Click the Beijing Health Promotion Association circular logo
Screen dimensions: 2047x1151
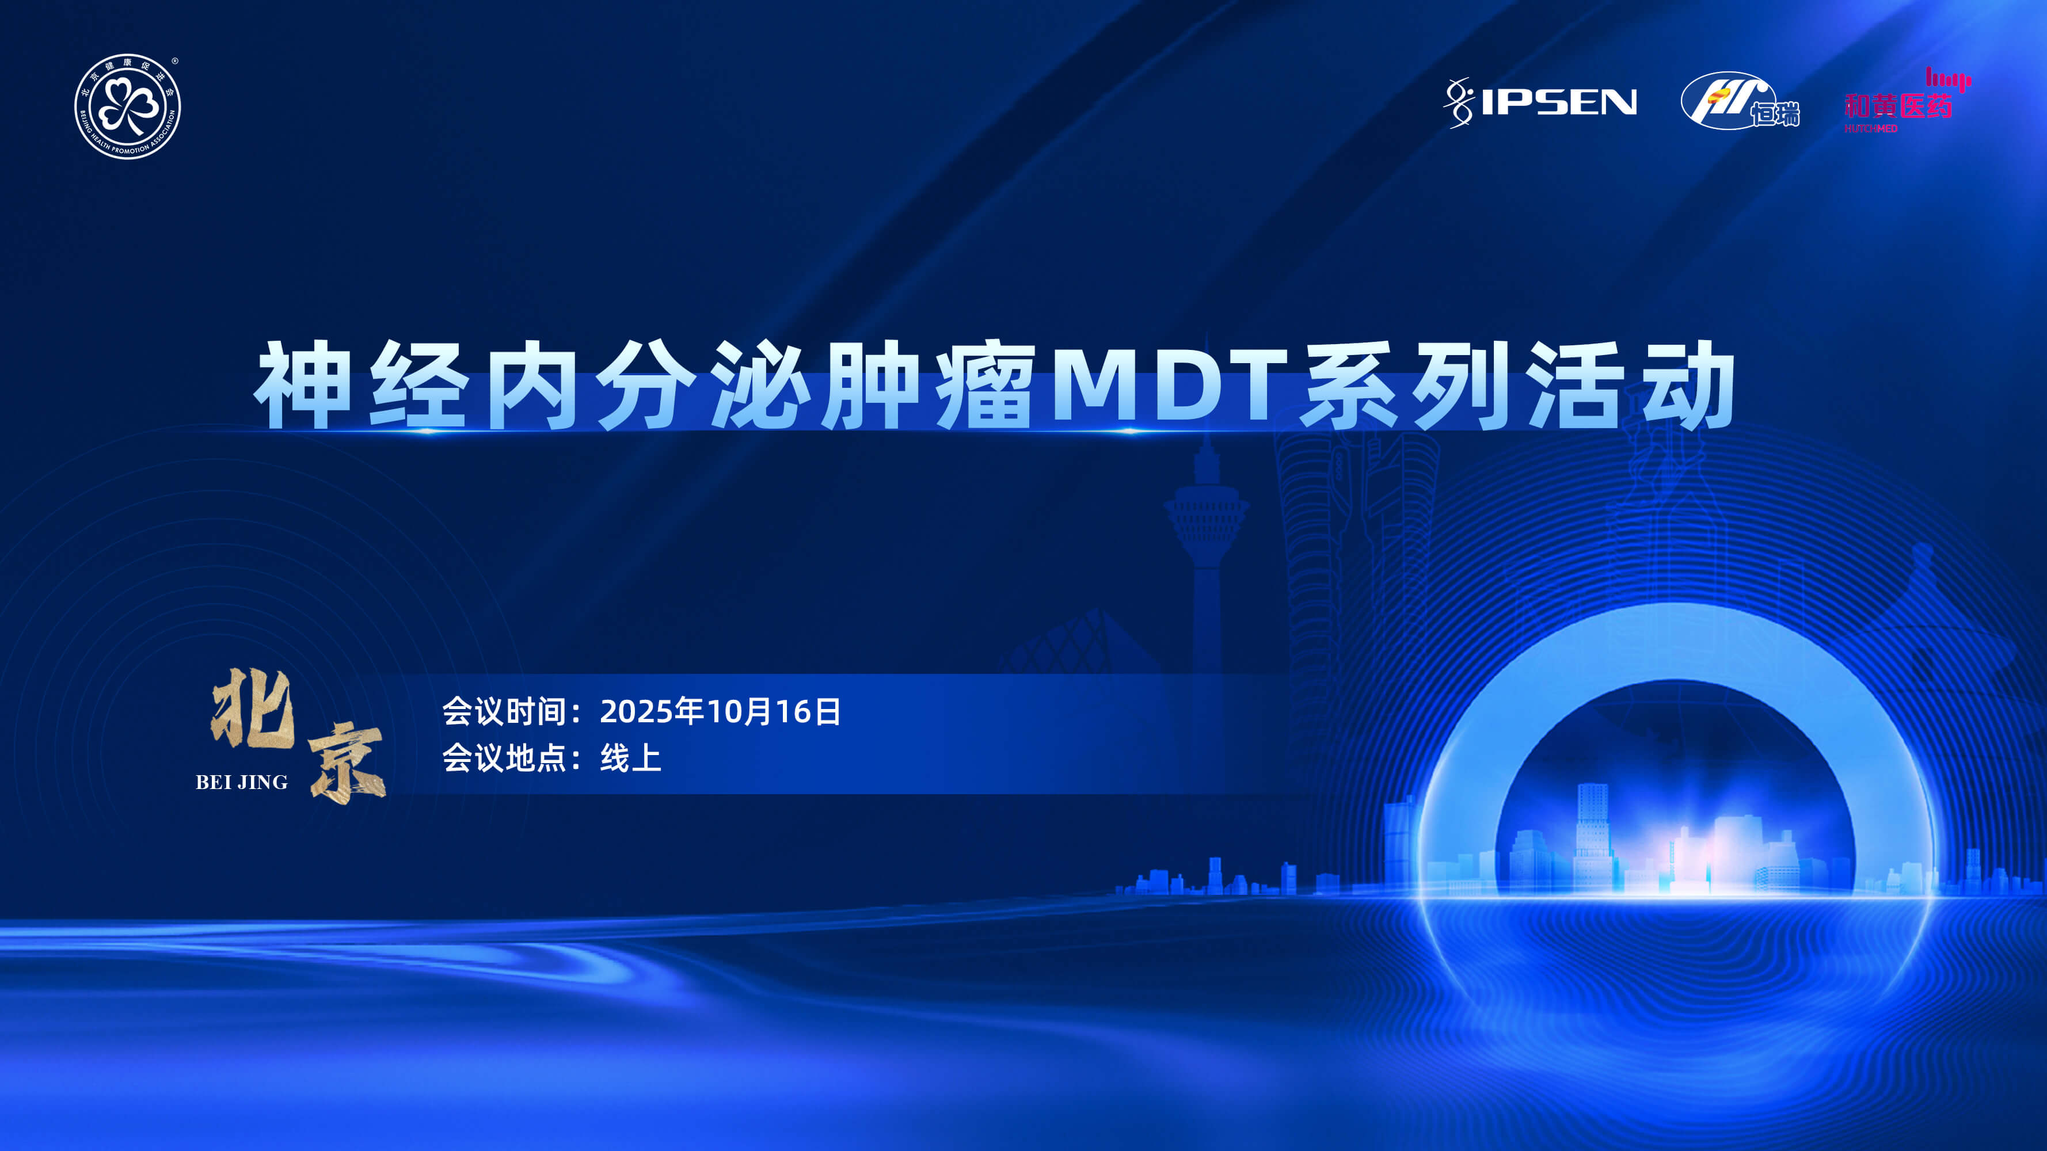127,106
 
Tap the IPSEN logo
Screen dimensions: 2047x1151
1540,102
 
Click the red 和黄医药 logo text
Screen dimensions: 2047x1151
1897,106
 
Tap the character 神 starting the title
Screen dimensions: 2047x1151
303,384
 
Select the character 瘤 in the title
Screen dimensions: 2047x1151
986,384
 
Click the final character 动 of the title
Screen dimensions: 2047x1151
1686,384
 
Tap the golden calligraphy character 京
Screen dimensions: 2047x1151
347,763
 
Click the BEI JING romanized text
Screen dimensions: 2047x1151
242,783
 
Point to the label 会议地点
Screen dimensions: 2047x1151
504,758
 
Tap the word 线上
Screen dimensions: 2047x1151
631,758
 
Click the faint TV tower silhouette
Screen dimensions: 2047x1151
1207,556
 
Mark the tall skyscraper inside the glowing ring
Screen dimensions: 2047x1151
1592,834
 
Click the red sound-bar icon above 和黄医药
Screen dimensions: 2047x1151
1949,79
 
